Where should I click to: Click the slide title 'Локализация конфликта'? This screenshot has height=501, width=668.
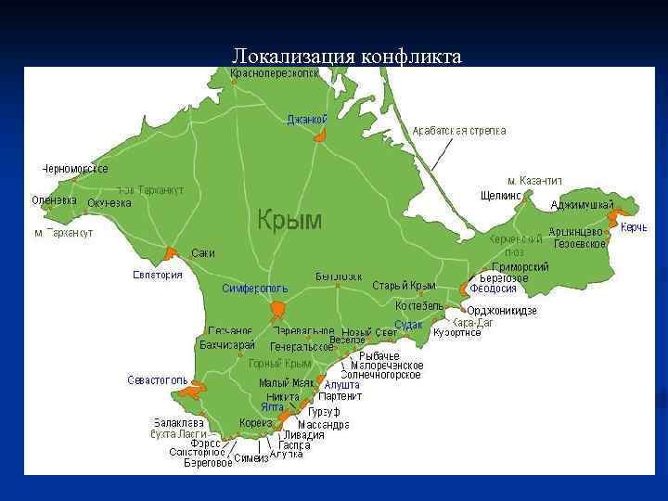click(x=346, y=57)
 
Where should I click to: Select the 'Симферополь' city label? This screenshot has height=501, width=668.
click(x=255, y=289)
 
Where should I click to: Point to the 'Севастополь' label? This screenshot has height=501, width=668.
click(x=157, y=380)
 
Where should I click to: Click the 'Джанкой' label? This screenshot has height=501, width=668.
click(x=307, y=119)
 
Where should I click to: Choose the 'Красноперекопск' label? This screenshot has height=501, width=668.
click(x=275, y=72)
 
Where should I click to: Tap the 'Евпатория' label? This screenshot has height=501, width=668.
click(x=158, y=275)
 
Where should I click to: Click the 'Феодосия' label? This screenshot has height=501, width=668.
click(x=493, y=289)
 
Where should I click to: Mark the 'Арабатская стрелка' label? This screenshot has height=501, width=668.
click(x=459, y=131)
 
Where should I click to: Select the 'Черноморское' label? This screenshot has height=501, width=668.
click(x=75, y=169)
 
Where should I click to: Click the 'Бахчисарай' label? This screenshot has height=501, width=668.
click(x=226, y=344)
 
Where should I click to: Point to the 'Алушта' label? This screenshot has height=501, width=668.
click(x=342, y=384)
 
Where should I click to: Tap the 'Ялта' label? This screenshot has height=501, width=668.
click(x=272, y=407)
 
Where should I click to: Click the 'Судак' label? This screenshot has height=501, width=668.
click(x=408, y=325)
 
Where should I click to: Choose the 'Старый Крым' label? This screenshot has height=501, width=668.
click(x=404, y=285)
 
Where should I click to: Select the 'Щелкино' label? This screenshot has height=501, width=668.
click(x=501, y=196)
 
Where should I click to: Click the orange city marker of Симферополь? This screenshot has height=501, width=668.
click(x=278, y=309)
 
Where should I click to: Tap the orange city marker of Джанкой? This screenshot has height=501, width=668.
click(x=320, y=135)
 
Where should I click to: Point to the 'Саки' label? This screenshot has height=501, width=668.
click(x=203, y=253)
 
